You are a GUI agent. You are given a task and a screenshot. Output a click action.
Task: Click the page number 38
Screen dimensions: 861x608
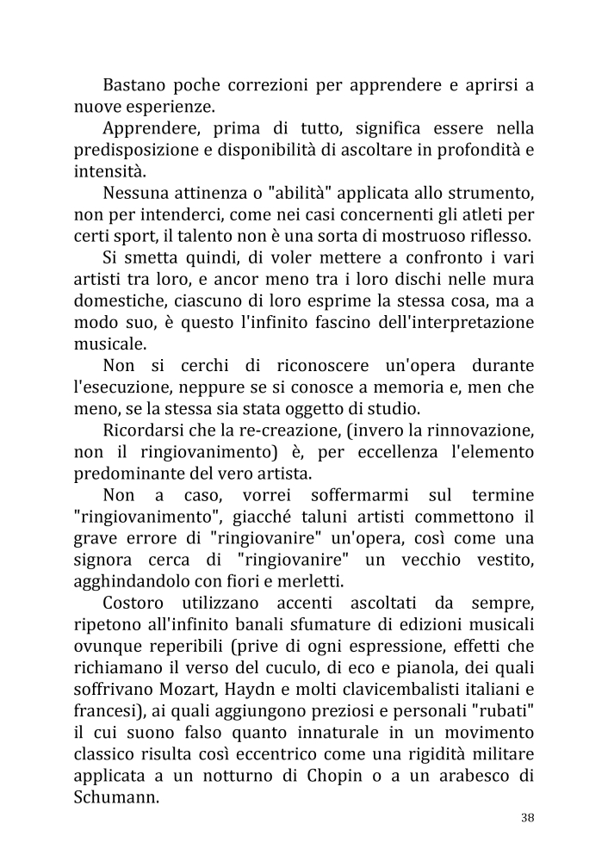coord(527,818)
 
